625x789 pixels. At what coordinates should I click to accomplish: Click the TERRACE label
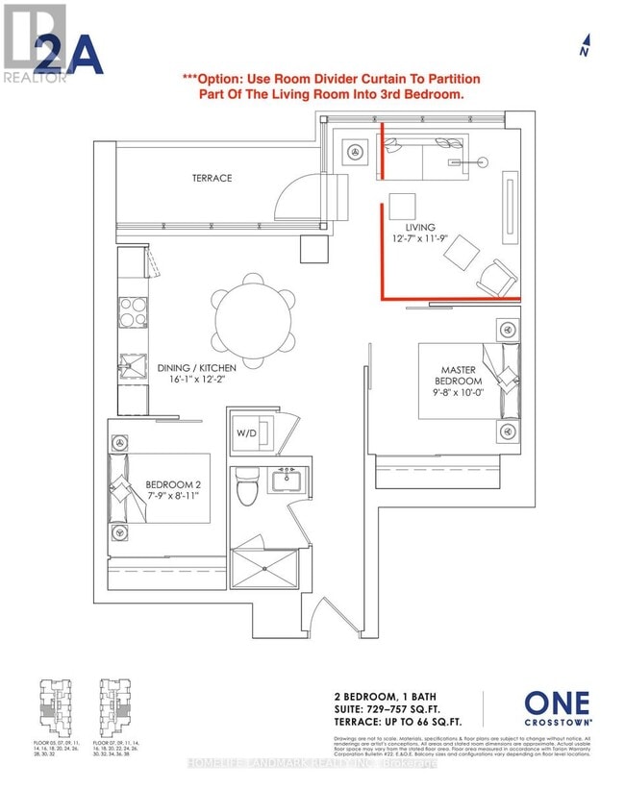[212, 178]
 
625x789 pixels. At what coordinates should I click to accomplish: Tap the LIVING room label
[420, 226]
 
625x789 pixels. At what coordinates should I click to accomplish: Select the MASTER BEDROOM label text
[461, 376]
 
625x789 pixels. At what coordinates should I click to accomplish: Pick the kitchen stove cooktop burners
[133, 312]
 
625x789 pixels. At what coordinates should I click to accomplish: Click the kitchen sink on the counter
[131, 366]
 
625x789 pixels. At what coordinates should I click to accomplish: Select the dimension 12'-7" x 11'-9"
[421, 239]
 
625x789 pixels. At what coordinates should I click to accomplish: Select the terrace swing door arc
[291, 197]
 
